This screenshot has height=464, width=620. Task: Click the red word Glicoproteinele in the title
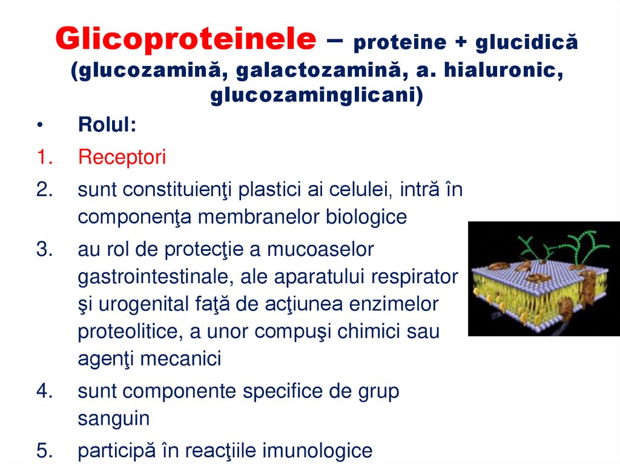tap(185, 40)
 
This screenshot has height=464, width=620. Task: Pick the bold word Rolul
tap(107, 126)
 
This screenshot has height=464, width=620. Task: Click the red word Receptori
tap(122, 158)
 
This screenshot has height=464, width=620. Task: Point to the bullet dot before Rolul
tap(40, 126)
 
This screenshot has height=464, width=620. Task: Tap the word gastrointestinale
tap(156, 277)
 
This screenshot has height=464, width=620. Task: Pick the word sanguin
tap(114, 418)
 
